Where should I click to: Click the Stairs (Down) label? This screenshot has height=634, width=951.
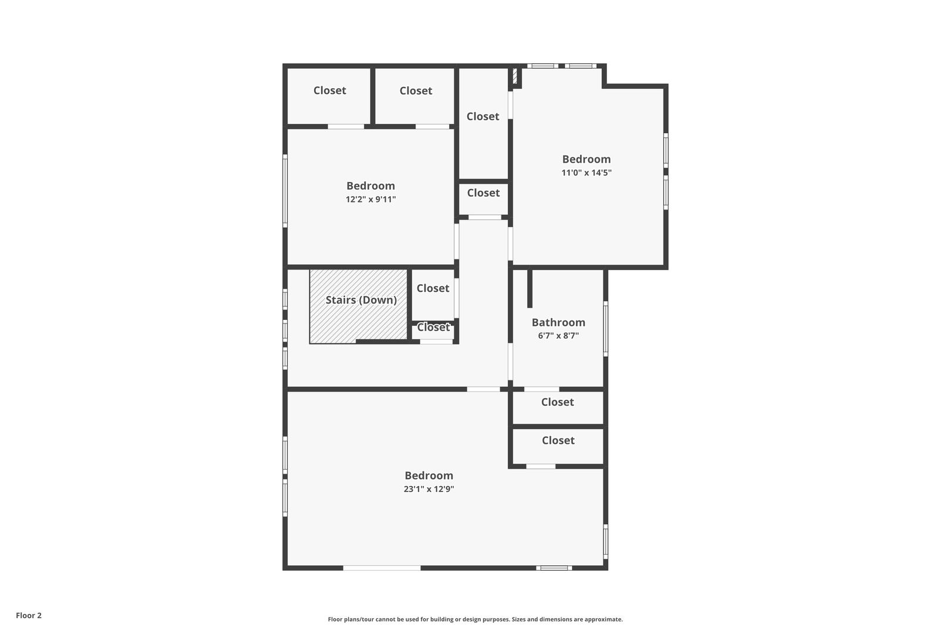coord(361,300)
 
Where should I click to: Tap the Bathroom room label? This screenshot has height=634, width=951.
coord(558,322)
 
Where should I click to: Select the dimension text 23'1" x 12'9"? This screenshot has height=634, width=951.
coord(429,489)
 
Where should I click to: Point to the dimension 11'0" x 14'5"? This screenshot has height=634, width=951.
coord(586,173)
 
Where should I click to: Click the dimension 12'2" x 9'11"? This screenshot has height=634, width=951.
coord(370,199)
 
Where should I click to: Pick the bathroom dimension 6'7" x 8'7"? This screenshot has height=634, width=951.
coord(558,335)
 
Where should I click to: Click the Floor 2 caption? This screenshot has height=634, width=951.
coord(29,615)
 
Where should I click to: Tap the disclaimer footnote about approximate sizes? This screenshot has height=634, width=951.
coord(475,619)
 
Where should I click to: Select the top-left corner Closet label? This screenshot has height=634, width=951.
coord(329,90)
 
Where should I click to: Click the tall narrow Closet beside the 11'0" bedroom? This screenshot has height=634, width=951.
coord(483,116)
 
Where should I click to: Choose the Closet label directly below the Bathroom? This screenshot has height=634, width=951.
coord(558,402)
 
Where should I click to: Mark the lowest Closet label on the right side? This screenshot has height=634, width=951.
coord(558,440)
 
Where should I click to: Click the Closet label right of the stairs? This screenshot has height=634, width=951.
coord(433,288)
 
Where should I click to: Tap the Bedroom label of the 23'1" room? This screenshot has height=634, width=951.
coord(429,475)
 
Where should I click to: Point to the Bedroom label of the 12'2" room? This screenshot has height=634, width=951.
coord(370,186)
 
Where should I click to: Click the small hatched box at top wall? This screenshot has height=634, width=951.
coord(515,76)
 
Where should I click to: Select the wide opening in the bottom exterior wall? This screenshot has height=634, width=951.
coord(382,568)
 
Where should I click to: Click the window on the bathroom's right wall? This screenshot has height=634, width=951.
coord(606,329)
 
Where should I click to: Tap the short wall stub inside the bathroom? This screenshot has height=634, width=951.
coord(530,288)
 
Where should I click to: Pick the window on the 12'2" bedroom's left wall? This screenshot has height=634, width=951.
coord(285,191)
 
